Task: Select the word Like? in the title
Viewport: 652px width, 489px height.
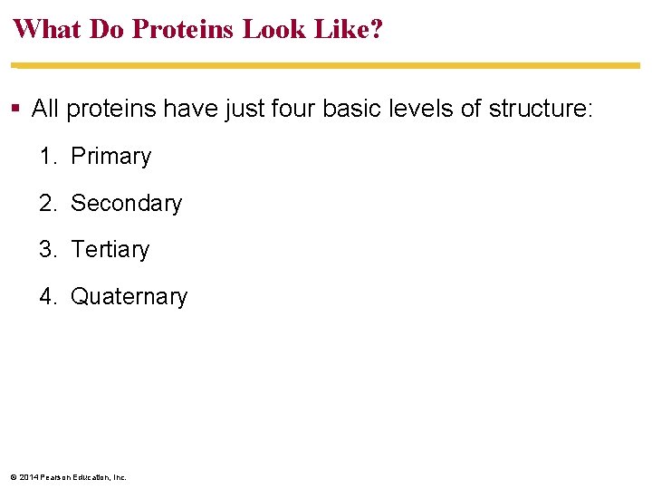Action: tap(350, 29)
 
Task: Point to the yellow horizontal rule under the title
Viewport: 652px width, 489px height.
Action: tap(326, 66)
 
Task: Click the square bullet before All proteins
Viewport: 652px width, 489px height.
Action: tap(16, 110)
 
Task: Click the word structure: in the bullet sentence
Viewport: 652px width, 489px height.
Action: tap(541, 110)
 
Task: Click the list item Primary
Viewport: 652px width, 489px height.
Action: tap(110, 157)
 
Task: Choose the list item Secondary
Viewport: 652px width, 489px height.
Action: tap(126, 204)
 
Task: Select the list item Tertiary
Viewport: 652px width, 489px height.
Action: tap(110, 250)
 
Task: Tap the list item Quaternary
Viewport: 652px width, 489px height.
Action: tap(129, 297)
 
